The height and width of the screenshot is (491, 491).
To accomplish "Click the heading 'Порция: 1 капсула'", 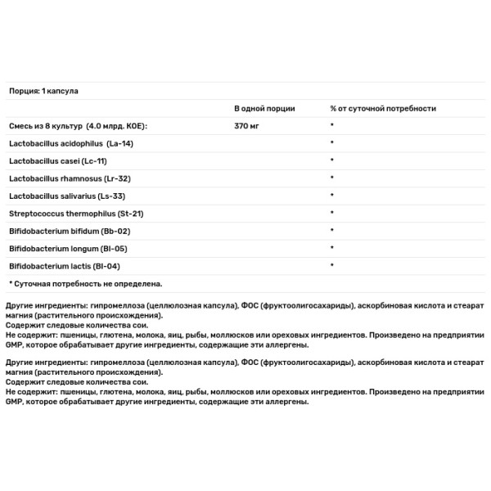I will [x=43, y=91].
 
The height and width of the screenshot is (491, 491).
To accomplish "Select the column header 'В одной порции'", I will [x=264, y=108].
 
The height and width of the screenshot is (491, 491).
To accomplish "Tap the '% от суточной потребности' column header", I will [x=382, y=108].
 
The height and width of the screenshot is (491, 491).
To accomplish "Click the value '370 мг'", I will [x=247, y=125].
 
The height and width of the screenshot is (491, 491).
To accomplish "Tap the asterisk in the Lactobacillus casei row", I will [x=332, y=160].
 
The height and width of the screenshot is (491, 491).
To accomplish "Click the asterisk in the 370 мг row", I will [x=332, y=125].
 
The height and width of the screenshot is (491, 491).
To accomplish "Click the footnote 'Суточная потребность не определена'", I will [x=88, y=283].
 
